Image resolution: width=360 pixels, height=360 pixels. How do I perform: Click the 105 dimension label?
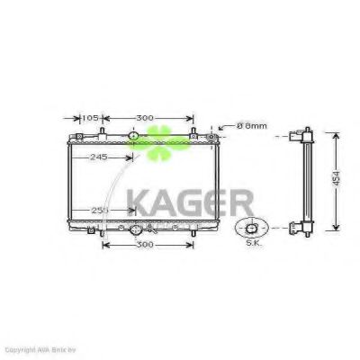pyautogui.click(x=91, y=118)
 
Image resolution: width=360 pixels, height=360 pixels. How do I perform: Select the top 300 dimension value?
pyautogui.click(x=145, y=118)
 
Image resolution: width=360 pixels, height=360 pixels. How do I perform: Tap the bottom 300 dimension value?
pyautogui.click(x=144, y=245)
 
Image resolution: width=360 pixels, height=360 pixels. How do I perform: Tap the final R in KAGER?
pyautogui.click(x=240, y=201)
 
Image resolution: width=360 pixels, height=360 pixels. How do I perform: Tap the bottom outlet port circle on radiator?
pyautogui.click(x=136, y=230)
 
